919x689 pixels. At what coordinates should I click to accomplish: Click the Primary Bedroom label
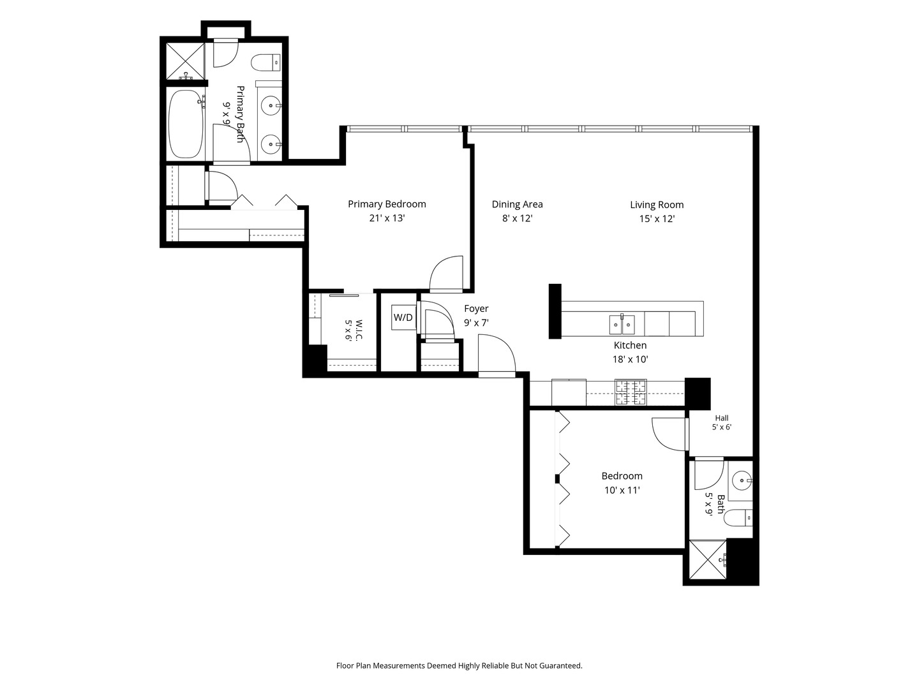tap(387, 204)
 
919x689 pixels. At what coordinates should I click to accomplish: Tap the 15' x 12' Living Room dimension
tap(657, 219)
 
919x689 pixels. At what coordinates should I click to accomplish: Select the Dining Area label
tap(517, 205)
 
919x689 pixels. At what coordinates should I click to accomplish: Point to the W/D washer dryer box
tap(403, 318)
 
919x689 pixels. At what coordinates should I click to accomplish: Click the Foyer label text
tap(476, 309)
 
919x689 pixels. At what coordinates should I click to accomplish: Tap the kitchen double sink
tap(622, 325)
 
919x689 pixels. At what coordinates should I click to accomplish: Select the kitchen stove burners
tap(631, 392)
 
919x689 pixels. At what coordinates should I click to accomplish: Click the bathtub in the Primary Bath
tap(186, 124)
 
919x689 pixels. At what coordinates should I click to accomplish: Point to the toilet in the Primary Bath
tap(266, 63)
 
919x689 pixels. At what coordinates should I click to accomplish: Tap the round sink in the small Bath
tap(743, 480)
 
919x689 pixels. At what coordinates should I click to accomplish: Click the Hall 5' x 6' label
tap(722, 422)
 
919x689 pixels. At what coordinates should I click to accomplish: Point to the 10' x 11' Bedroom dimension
tap(622, 490)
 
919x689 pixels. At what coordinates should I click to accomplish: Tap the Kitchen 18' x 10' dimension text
tap(631, 359)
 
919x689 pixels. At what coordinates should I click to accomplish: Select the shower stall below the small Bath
tap(708, 559)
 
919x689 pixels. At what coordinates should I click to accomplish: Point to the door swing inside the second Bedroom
tap(670, 434)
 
